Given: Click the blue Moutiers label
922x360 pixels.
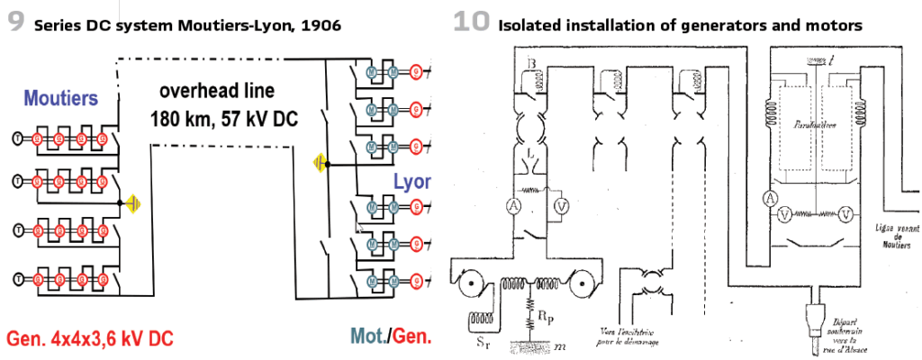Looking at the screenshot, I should pyautogui.click(x=60, y=98).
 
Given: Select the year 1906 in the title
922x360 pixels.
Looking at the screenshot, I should pyautogui.click(x=320, y=25).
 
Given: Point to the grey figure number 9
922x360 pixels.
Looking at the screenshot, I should pyautogui.click(x=14, y=22).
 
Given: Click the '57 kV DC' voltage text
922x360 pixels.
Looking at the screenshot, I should pyautogui.click(x=260, y=118).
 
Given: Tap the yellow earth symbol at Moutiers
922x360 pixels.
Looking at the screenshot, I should pyautogui.click(x=133, y=203).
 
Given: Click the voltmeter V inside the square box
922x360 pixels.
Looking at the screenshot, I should pyautogui.click(x=561, y=205).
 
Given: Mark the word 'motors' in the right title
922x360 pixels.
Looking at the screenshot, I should pyautogui.click(x=830, y=25).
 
